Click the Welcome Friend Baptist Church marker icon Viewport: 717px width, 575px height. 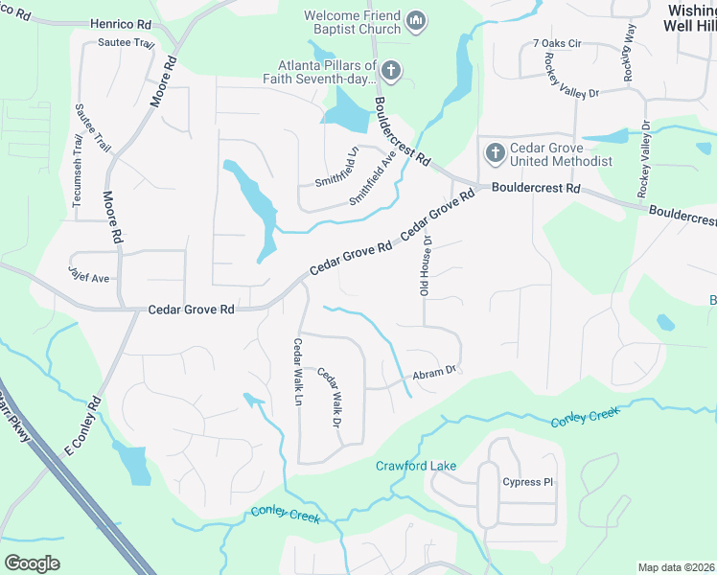416,20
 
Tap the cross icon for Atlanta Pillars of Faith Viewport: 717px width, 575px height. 391,70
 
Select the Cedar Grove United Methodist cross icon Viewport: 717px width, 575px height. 495,152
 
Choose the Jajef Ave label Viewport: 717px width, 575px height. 88,275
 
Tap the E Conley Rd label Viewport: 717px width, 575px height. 81,427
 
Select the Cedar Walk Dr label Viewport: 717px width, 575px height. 330,398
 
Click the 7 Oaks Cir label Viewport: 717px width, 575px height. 557,44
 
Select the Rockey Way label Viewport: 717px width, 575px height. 628,53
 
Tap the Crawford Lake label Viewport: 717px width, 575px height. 415,466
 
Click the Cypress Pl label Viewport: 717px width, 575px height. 528,481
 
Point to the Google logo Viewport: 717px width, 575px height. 33,563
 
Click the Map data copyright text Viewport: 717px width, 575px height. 677,567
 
